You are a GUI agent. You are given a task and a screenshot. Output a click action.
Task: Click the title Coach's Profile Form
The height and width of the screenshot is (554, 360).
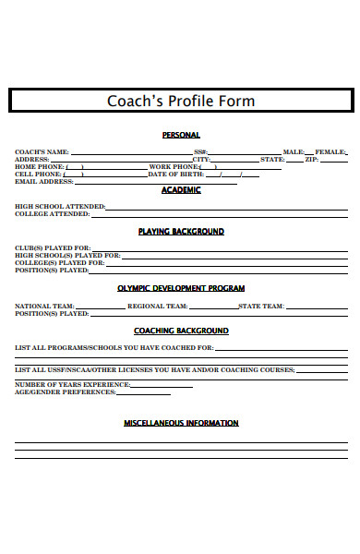(x=181, y=101)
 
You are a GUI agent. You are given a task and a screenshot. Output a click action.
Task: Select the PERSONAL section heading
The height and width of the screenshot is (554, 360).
(x=181, y=135)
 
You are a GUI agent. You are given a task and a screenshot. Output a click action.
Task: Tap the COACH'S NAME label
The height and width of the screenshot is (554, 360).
(x=42, y=151)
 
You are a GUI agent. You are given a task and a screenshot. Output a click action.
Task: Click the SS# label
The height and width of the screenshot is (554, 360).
(x=200, y=151)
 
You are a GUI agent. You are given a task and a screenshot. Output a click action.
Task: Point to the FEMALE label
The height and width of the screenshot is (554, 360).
(x=330, y=151)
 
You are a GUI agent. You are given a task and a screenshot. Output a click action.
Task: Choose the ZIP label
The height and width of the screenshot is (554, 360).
(x=311, y=159)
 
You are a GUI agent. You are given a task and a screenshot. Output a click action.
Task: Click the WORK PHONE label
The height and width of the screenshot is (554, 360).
(x=173, y=166)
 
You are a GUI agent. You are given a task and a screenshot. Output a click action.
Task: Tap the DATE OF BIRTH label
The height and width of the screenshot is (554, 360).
(x=176, y=174)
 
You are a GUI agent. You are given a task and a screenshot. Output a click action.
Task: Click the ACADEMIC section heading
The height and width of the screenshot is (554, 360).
(x=181, y=189)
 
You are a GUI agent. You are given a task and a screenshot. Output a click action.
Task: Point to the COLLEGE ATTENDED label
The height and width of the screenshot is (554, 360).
(x=52, y=213)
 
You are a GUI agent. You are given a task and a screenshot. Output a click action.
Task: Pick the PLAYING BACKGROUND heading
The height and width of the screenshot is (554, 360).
(x=181, y=231)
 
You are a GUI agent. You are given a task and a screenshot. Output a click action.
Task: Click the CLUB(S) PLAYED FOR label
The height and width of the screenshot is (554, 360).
(x=53, y=248)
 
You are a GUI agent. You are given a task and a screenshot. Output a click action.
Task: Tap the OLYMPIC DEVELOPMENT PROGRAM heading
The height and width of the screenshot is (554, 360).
(x=181, y=287)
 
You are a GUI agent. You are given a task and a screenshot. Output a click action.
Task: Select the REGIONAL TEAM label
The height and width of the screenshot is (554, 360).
(x=158, y=306)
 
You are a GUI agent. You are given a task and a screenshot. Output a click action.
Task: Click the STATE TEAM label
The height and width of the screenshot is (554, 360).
(x=261, y=306)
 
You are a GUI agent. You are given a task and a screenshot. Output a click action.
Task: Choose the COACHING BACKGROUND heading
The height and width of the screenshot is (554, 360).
(x=181, y=331)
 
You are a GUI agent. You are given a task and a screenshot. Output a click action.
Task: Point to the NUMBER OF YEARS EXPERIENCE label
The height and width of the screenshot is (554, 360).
(x=72, y=384)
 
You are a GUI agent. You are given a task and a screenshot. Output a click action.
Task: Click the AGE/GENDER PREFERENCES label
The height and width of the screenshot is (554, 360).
(x=66, y=391)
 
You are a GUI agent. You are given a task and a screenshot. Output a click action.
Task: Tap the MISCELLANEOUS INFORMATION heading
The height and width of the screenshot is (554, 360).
(x=181, y=423)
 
